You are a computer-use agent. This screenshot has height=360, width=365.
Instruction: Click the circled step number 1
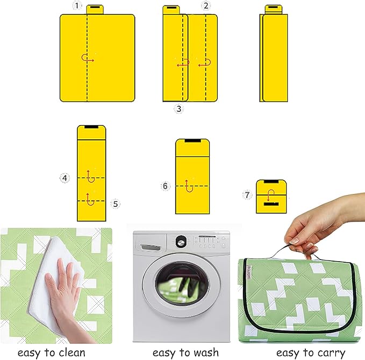[x=77, y=5]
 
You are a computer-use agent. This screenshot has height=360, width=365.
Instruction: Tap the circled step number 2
[x=206, y=5]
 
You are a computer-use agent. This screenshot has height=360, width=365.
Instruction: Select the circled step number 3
[x=179, y=109]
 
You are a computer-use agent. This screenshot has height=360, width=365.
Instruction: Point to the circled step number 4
[x=65, y=178]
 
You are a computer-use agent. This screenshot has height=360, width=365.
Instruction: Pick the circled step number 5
[x=116, y=204]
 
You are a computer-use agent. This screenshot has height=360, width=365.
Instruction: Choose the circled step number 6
[x=165, y=186]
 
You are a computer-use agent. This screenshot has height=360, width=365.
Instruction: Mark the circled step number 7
[x=247, y=195]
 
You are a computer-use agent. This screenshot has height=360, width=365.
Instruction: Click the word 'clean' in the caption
[x=72, y=353]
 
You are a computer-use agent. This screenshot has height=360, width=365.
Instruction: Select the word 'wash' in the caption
[x=206, y=352]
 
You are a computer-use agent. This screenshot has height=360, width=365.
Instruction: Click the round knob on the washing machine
[x=181, y=242]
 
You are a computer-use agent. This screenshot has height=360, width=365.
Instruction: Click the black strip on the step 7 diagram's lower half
[x=271, y=204]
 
